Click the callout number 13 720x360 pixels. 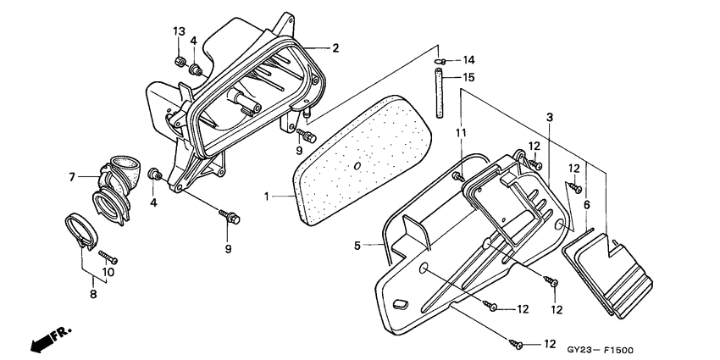179,31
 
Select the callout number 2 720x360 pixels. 335,48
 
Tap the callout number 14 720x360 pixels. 468,60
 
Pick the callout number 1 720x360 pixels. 266,197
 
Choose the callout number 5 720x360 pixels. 358,246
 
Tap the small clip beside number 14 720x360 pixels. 441,60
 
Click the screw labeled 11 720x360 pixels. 458,175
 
